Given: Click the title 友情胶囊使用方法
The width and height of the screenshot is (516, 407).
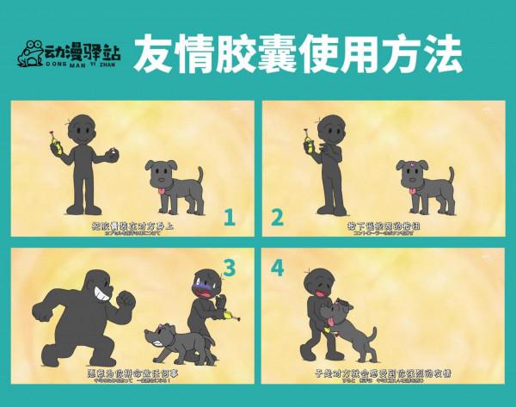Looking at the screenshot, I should point(298,53).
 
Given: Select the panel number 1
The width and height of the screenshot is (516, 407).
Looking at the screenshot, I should point(230,217).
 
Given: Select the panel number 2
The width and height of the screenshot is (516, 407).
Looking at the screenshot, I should point(278,217).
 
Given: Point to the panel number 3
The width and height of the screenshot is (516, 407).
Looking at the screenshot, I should point(230,268).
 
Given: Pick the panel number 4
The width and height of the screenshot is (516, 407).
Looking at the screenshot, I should point(278,268).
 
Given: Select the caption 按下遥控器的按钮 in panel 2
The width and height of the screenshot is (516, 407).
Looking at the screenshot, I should point(383,225).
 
